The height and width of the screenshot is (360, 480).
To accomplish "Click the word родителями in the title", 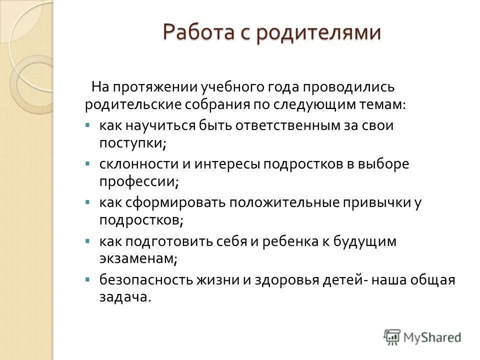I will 319,33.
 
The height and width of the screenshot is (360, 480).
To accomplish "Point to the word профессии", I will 138,181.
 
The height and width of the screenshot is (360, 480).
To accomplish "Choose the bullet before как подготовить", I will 88,241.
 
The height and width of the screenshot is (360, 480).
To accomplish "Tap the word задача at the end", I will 124,297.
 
